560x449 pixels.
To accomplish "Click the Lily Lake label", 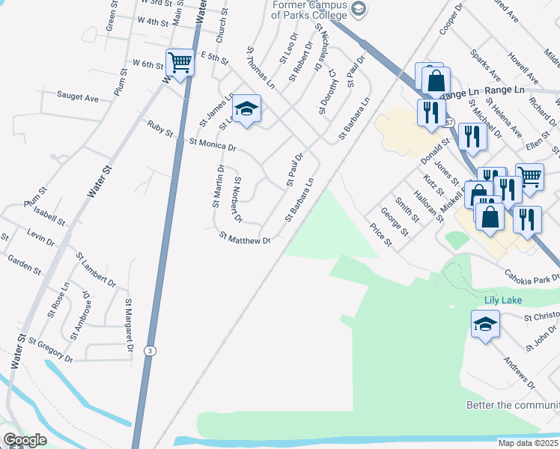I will click(x=501, y=300).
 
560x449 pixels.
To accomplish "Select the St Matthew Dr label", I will click(x=244, y=239).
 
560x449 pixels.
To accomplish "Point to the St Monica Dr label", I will click(x=213, y=143).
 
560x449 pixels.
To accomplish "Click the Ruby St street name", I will click(x=160, y=129).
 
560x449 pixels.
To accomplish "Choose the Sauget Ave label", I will click(x=78, y=97).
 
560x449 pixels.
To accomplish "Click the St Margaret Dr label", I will click(x=129, y=326).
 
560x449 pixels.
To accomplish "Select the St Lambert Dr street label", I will click(x=96, y=269).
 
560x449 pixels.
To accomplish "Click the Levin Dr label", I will click(x=40, y=239).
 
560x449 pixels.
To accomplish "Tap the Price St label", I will click(x=381, y=234).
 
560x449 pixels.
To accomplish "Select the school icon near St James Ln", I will click(x=246, y=109).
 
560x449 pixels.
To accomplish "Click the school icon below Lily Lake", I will click(x=484, y=325).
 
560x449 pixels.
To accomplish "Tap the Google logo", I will click(x=24, y=440).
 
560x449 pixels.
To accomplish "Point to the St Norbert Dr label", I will click(x=238, y=199).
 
